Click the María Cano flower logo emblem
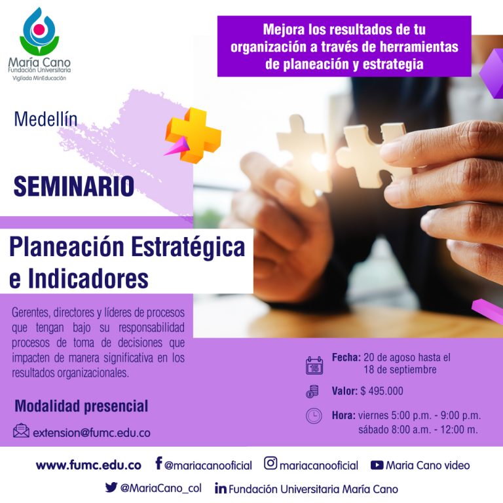point(39,31)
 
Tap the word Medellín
point(46,119)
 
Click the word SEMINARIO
point(74,186)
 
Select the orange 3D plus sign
point(193,136)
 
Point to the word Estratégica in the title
point(188,248)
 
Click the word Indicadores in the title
point(88,278)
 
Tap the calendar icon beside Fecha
point(314,365)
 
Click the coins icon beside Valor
point(312,392)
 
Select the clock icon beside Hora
point(314,416)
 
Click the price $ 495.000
point(382,391)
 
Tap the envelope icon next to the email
point(21,430)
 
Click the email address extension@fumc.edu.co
point(92,433)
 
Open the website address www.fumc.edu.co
point(88,465)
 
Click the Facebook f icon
point(158,463)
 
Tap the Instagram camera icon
point(270,463)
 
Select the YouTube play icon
point(377,465)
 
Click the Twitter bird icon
point(111,487)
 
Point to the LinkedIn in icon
point(220,488)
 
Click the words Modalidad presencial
point(81,406)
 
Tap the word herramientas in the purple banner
point(419,47)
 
